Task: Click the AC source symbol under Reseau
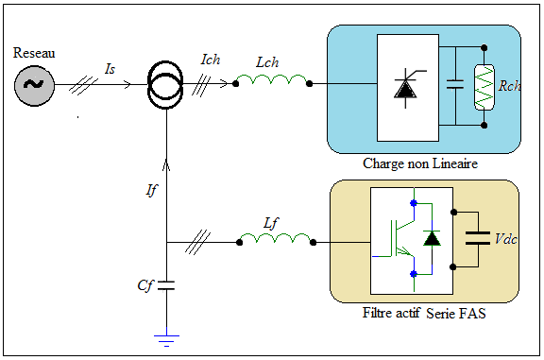tap(34, 85)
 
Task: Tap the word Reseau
tap(34, 53)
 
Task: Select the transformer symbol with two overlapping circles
tap(165, 85)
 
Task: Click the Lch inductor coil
tap(272, 80)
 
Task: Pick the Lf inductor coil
tap(276, 238)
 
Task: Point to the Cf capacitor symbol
tap(166, 285)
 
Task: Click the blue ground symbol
tap(166, 340)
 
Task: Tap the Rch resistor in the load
tap(484, 87)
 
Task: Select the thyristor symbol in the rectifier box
tap(407, 88)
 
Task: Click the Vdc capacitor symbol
tap(477, 238)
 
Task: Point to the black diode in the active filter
tap(432, 238)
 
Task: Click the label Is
tap(110, 69)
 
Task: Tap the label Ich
tap(211, 60)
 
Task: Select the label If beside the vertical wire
tap(151, 190)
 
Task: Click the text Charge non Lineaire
tap(420, 163)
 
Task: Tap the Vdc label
tap(506, 239)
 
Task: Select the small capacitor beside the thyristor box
tap(455, 84)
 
